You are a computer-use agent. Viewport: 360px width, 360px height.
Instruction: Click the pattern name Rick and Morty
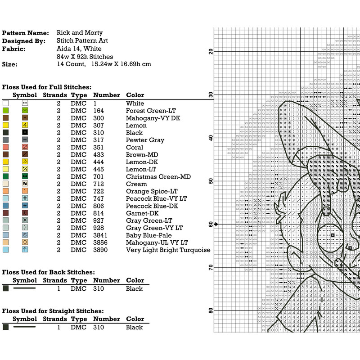point(80,33)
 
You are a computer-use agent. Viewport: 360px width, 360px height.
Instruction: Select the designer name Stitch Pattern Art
point(83,40)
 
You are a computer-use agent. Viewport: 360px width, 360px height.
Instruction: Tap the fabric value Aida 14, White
point(79,49)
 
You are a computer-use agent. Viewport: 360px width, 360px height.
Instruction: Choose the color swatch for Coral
point(5,147)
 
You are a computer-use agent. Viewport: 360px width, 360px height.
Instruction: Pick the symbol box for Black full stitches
point(25,133)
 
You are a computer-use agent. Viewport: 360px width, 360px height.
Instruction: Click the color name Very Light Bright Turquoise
point(168,250)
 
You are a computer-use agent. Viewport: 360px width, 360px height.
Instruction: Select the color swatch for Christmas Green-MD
point(5,177)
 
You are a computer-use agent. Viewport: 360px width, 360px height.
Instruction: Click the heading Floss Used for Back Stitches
point(48,272)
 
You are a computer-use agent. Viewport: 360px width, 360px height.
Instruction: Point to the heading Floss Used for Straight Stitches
point(53,311)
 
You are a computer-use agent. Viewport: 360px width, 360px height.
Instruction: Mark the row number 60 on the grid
point(211,224)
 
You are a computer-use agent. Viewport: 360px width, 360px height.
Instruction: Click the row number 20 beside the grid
point(211,51)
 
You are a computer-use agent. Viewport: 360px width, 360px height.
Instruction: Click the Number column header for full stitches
point(106,95)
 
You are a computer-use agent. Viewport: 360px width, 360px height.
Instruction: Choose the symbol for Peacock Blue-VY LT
point(25,198)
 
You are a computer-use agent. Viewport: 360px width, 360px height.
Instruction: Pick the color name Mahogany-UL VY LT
point(157,243)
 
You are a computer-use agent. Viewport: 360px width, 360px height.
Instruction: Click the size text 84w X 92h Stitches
point(85,57)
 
